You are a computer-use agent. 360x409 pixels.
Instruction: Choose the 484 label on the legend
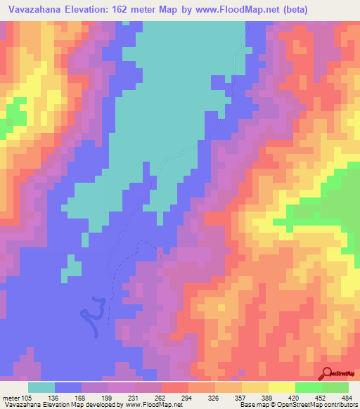pos(347,397)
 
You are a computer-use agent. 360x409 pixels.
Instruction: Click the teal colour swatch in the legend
pos(41,387)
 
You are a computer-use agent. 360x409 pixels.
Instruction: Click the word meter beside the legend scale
pos(11,397)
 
